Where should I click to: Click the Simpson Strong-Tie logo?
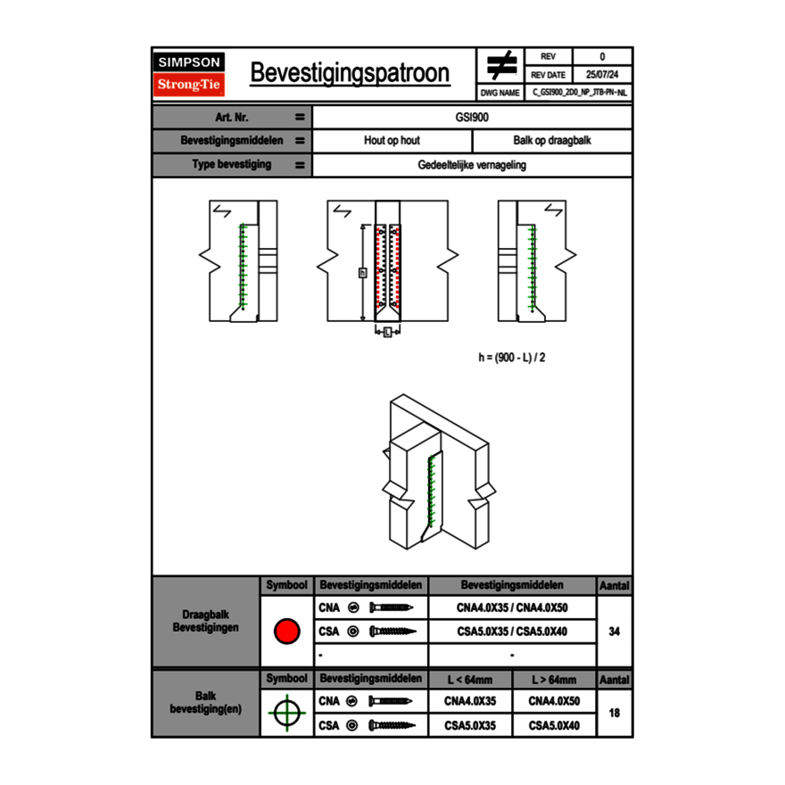[190, 74]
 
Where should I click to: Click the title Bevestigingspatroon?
[350, 73]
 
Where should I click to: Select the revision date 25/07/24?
[602, 75]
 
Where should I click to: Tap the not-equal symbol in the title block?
[501, 65]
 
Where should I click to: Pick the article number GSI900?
[472, 117]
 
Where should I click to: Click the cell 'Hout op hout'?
[392, 141]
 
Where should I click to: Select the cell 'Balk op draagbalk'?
[552, 141]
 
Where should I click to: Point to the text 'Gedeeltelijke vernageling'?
[472, 165]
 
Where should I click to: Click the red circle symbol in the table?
[285, 632]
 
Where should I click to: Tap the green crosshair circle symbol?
[285, 714]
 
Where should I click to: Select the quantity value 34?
[614, 632]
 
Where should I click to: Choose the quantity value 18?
[614, 714]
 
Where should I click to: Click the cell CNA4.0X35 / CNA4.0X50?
[512, 607]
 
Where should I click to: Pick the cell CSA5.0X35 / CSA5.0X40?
[512, 632]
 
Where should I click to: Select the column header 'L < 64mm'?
[470, 680]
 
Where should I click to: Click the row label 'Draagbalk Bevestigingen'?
[205, 622]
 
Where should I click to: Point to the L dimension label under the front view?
[386, 333]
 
